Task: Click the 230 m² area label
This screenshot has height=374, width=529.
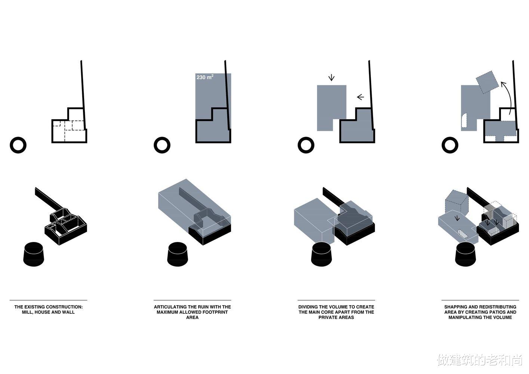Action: pos(205,77)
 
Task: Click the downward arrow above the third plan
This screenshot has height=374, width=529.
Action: pos(331,77)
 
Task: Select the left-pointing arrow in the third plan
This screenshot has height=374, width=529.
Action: pos(360,97)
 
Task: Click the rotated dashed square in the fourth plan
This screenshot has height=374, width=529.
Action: pos(487,82)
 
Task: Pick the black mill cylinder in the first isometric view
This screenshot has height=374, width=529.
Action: pos(34,254)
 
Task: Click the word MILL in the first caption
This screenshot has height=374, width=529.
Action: pos(27,312)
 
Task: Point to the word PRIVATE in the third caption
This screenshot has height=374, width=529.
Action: pos(327,317)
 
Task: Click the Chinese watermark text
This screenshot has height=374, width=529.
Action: pos(479,360)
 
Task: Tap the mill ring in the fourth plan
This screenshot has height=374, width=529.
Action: pos(450,145)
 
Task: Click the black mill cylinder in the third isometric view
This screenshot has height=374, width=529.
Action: pos(322,254)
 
